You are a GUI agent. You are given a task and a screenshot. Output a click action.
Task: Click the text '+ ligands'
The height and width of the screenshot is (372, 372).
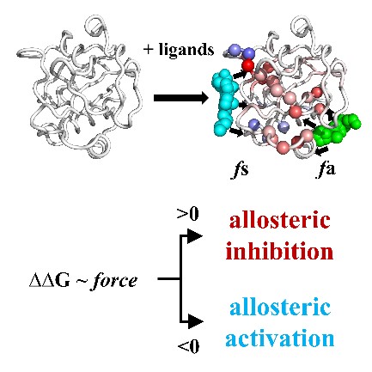[x=179, y=50]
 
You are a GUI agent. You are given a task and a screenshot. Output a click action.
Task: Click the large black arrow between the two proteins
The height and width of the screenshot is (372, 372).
[x=181, y=98]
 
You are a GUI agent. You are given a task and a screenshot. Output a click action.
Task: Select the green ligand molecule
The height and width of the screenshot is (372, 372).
[x=336, y=129]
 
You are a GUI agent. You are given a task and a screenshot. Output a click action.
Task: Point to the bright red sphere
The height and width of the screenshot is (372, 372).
[x=248, y=66]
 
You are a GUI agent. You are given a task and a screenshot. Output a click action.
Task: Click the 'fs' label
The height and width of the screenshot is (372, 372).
[x=240, y=169]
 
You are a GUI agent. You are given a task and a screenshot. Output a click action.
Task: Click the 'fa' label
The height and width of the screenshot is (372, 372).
[x=326, y=169]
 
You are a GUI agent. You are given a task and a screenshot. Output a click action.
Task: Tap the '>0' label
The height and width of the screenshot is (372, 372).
[x=188, y=214]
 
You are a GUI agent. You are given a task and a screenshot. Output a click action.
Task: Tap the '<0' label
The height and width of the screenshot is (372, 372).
[x=188, y=346]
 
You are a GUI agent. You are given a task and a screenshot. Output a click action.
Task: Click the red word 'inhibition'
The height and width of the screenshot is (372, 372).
[x=279, y=251]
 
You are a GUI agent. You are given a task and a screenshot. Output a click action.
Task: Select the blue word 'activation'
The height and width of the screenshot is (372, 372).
[x=279, y=338]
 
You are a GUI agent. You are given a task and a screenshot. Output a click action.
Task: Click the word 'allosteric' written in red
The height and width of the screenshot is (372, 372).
[x=279, y=220]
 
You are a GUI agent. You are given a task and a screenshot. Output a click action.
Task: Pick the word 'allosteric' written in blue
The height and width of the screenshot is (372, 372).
[x=279, y=307]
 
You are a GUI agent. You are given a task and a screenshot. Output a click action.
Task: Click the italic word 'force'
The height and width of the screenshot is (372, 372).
[x=113, y=281]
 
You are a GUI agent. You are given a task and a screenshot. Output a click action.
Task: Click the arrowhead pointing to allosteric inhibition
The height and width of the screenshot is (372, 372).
[x=194, y=236]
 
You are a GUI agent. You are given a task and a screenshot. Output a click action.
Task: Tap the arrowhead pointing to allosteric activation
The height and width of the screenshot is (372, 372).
[x=195, y=320]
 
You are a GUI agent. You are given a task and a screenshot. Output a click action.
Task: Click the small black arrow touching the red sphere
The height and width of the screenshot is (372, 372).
[x=240, y=75]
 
